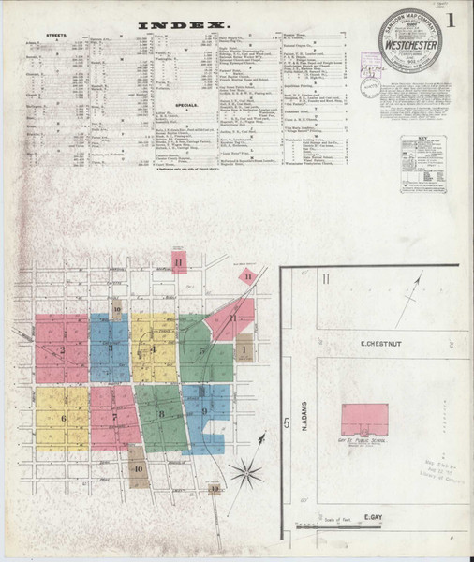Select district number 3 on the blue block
pyautogui.click(x=111, y=348)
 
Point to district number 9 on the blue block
pyautogui.click(x=203, y=409)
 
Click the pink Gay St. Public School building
pyautogui.click(x=364, y=419)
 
